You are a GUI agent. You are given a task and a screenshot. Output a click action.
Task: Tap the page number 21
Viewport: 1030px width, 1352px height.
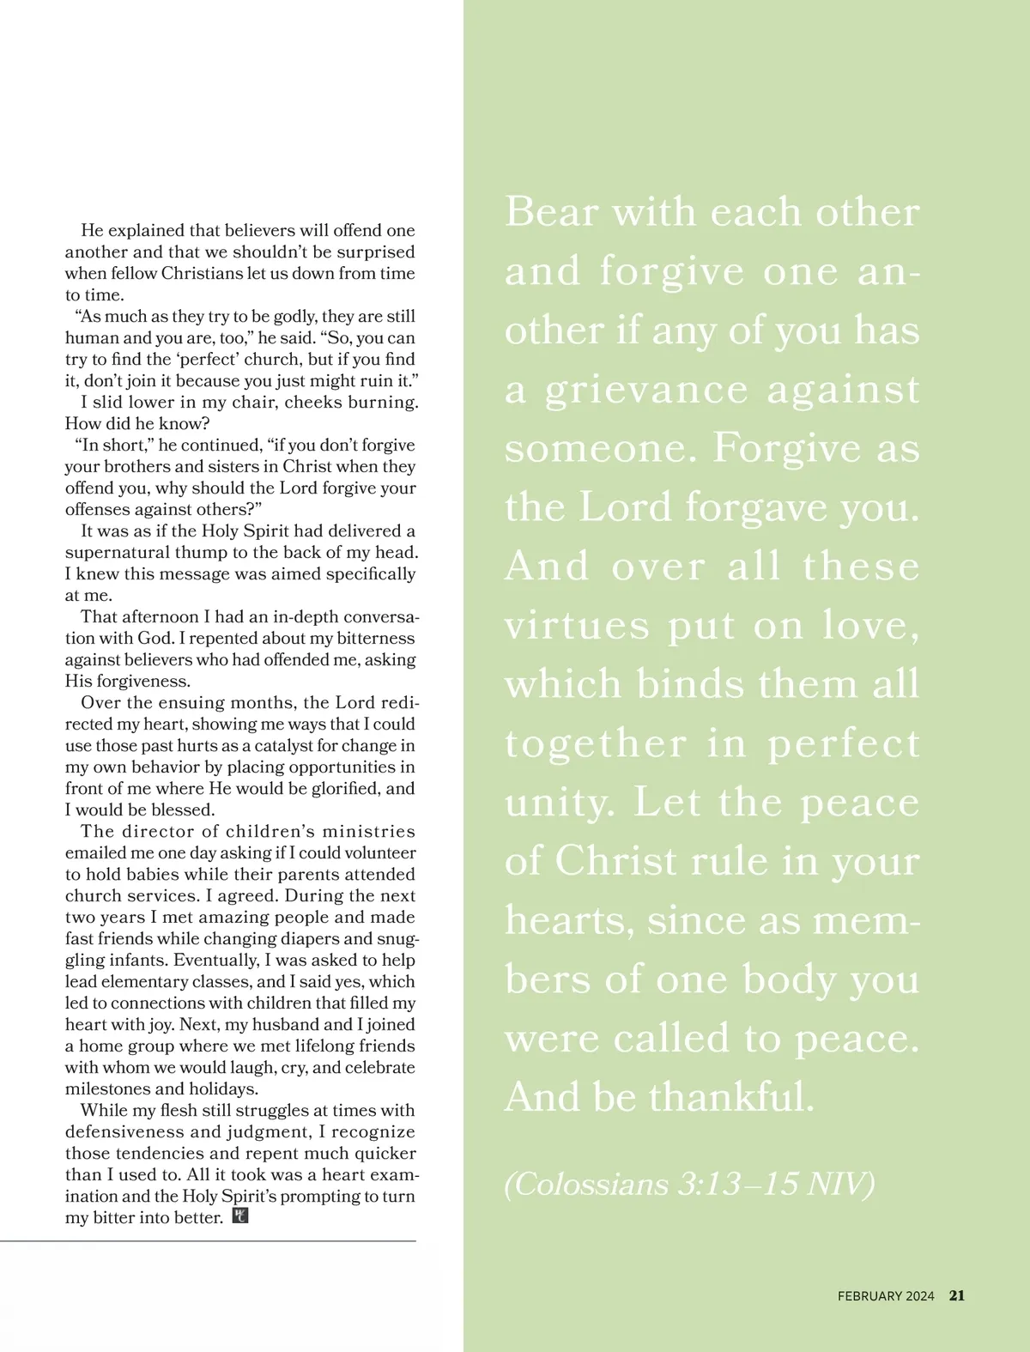point(957,1296)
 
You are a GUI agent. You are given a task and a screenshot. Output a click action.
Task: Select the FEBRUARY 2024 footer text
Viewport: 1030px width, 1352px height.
point(886,1296)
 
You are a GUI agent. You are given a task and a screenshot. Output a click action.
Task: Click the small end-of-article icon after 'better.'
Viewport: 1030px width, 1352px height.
point(240,1216)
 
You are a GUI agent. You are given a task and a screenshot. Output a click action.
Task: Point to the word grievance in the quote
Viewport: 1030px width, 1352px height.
point(646,391)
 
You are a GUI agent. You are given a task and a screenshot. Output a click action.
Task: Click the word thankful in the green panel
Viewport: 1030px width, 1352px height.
point(730,1097)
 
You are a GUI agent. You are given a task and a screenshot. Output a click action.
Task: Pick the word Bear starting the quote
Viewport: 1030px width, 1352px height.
point(551,212)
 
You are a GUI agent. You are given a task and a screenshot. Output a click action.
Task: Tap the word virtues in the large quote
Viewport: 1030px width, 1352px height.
point(577,626)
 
